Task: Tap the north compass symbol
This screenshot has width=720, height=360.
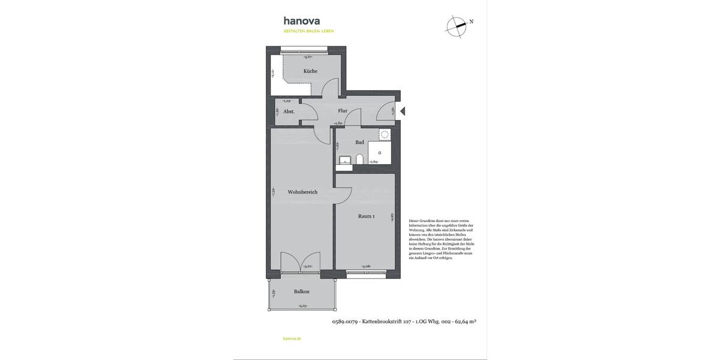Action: point(457,25)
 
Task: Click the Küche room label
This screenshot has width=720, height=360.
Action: point(310,71)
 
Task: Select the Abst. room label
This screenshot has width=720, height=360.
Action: point(289,112)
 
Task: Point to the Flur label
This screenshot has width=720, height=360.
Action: point(343,111)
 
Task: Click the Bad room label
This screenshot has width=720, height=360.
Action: point(359,142)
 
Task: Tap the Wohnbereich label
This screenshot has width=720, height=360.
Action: point(302,192)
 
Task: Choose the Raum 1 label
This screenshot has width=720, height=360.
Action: point(366,217)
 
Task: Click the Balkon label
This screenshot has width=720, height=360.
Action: point(302,292)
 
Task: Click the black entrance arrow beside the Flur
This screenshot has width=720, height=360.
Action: point(403,111)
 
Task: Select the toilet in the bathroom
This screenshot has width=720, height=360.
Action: point(359,159)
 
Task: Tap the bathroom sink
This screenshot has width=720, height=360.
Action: point(344,160)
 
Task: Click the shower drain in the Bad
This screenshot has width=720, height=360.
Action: point(379,153)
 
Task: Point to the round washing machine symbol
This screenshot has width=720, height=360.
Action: point(385,134)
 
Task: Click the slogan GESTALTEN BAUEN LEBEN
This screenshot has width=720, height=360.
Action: point(308,31)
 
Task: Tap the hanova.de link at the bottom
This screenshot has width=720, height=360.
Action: point(292,338)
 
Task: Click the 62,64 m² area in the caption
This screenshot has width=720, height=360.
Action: point(466,322)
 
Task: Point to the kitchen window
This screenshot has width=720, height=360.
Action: point(306,50)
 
